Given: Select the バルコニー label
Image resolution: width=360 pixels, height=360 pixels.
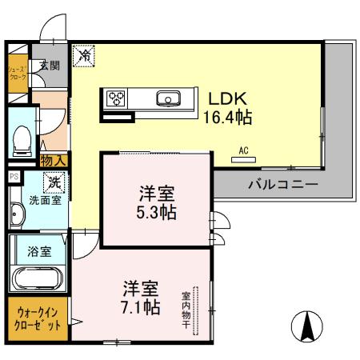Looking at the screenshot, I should click(x=282, y=185).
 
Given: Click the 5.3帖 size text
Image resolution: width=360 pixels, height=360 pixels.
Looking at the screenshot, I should click(x=155, y=214).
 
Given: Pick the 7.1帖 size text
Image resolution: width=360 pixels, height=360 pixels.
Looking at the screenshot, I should click(x=140, y=306).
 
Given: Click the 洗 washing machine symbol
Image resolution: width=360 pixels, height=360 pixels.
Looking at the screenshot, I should click(x=54, y=182).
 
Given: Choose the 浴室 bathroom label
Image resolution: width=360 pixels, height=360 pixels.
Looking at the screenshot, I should click(x=40, y=250).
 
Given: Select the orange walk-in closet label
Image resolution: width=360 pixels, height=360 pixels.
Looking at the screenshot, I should click(x=34, y=318).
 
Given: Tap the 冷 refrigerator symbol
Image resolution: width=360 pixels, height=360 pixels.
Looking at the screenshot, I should click(x=84, y=57).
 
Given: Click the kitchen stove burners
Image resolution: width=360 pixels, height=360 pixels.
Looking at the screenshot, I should click(x=117, y=99).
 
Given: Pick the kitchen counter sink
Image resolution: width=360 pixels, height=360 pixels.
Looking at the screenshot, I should click(x=170, y=99).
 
